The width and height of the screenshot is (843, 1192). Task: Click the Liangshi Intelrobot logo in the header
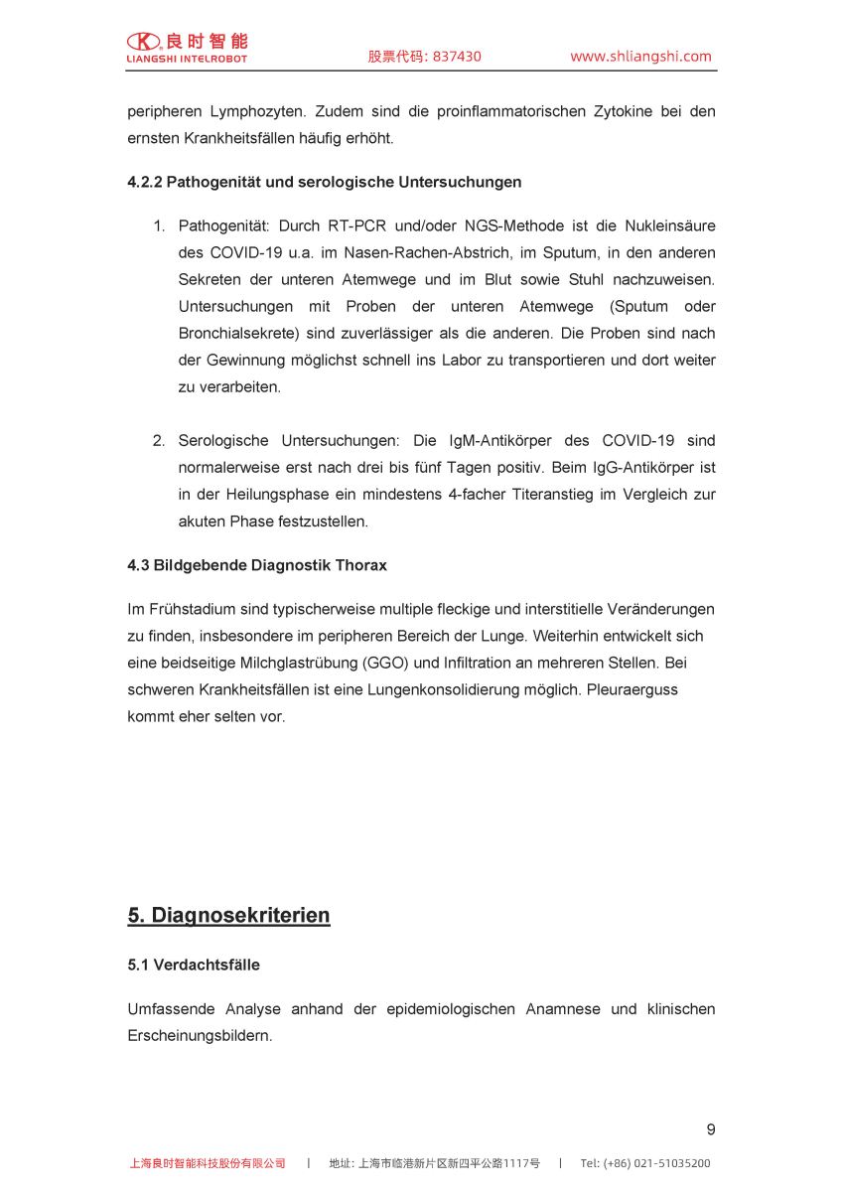tap(187, 47)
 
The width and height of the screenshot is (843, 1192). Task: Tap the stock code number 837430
tap(455, 57)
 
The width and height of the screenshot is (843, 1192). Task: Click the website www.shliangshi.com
tap(640, 57)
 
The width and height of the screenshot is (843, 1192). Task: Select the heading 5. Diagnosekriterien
tap(228, 915)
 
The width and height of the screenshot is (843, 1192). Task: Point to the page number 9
tap(710, 1129)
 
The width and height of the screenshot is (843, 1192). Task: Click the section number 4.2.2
tap(144, 182)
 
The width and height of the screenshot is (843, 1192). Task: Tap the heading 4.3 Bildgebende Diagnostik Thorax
tap(257, 565)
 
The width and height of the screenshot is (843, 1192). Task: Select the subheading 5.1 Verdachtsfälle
tap(193, 965)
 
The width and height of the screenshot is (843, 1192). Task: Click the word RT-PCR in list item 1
tap(359, 226)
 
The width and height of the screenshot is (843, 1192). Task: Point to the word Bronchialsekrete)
tap(238, 334)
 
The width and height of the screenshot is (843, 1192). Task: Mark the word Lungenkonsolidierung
tap(465, 689)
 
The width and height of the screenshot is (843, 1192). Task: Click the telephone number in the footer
tap(644, 1163)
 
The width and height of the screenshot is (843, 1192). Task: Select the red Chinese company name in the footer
tap(208, 1163)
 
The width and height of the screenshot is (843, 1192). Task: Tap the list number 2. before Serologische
tap(158, 440)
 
